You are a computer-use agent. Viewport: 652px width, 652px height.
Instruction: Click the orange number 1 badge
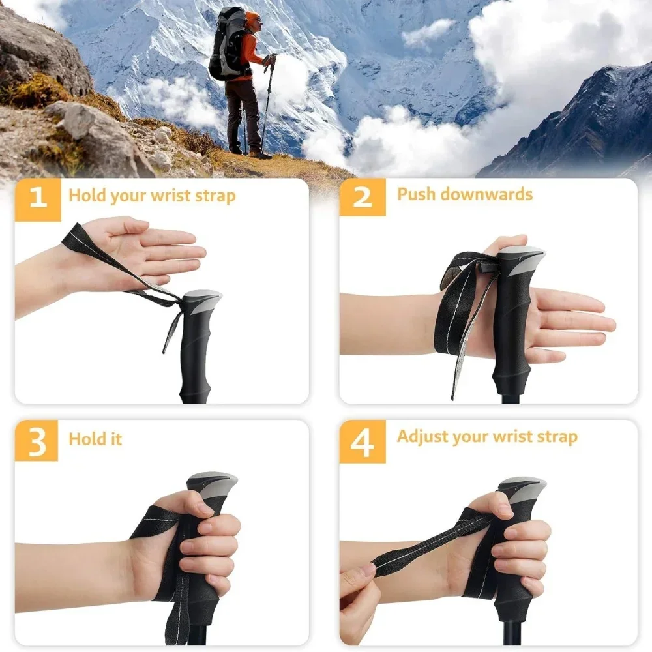tap(38, 196)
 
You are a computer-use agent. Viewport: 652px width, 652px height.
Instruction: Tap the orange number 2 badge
tap(362, 196)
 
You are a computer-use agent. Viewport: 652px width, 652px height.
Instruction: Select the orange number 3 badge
tap(38, 441)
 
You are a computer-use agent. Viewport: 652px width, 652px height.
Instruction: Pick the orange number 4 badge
tap(362, 441)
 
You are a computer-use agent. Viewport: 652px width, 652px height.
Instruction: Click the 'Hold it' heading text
tap(95, 439)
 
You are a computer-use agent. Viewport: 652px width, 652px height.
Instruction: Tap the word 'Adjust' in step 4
tap(421, 436)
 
